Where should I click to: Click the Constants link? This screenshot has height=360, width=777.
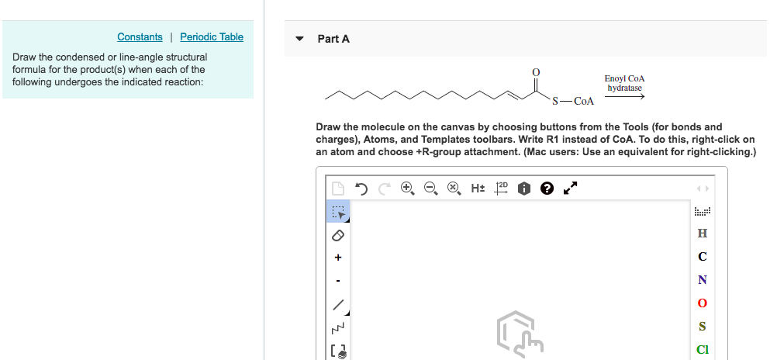tap(140, 37)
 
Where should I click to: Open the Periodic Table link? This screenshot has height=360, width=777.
tap(212, 37)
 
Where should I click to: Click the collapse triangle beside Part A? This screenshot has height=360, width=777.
tap(300, 39)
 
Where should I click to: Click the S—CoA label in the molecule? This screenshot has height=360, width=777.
tap(573, 101)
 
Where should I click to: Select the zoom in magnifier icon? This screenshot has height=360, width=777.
tap(407, 188)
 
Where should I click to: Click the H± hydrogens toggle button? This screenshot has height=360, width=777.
tap(478, 188)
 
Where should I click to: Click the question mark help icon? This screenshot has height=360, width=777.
tap(547, 188)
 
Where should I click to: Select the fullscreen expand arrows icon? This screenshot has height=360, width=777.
tap(570, 188)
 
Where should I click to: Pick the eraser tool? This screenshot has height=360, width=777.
tap(338, 234)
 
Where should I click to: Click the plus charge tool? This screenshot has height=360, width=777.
tap(338, 257)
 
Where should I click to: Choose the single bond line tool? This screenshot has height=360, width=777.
tap(338, 304)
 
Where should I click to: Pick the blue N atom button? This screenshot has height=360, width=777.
tap(703, 280)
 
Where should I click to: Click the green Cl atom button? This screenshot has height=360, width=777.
tap(703, 350)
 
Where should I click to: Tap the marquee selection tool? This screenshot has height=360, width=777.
tap(338, 211)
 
